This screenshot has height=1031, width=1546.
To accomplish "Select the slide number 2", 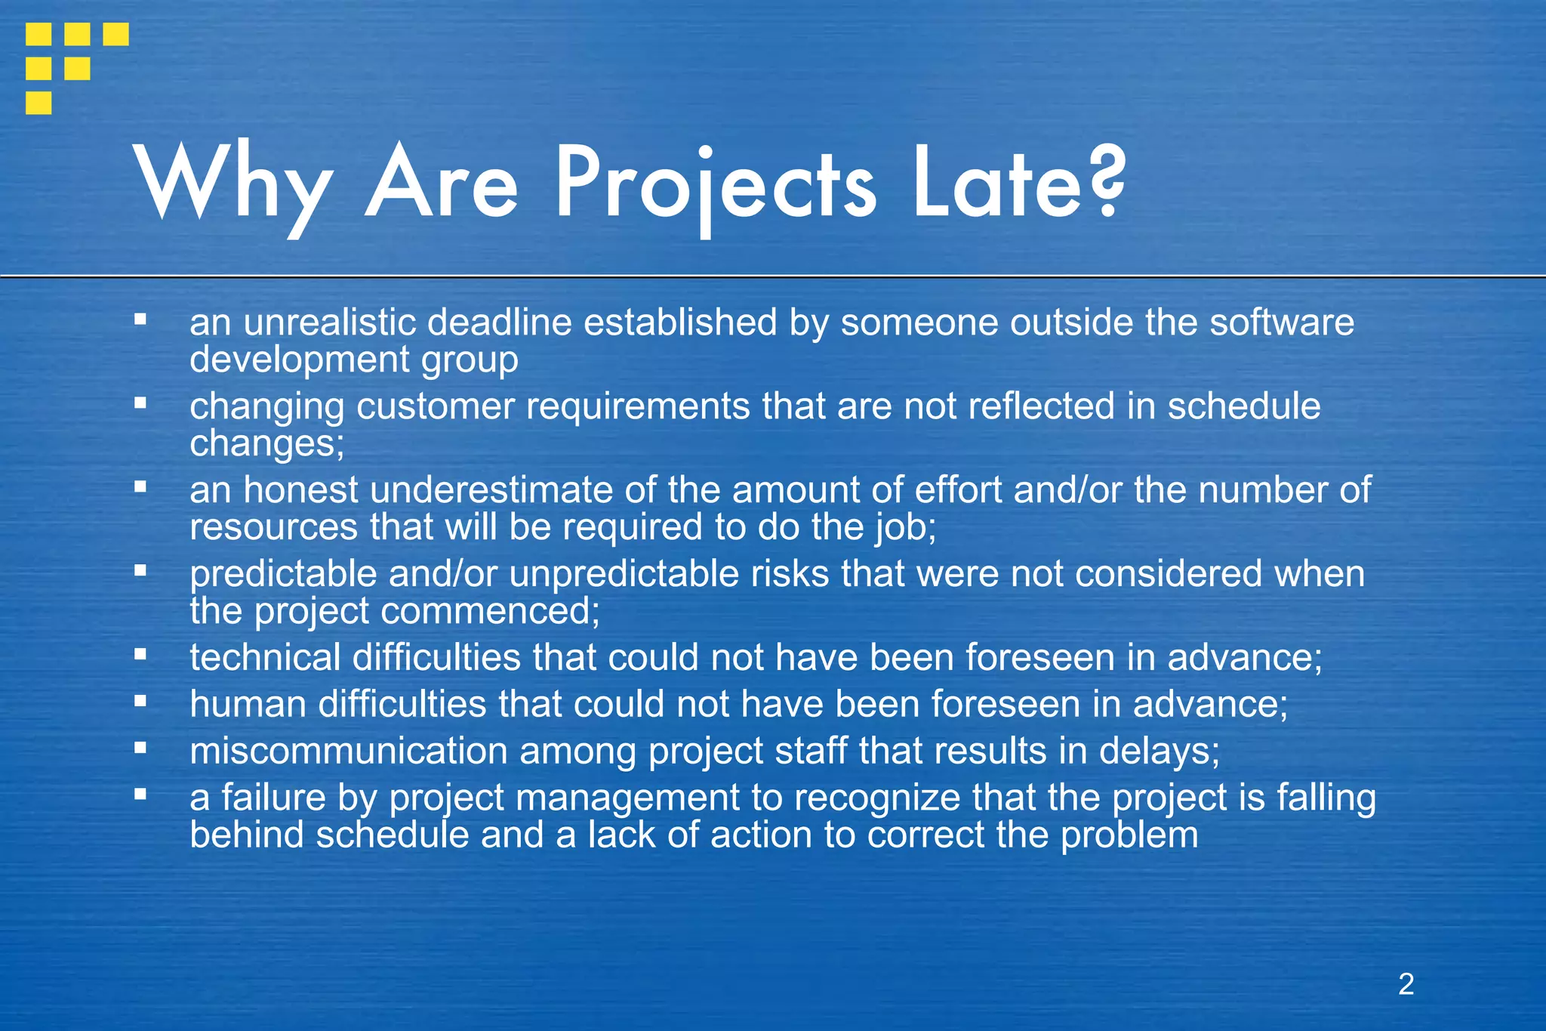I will (x=1406, y=984).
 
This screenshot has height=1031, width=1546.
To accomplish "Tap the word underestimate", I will (x=491, y=490).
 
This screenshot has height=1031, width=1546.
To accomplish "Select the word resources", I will (x=273, y=526).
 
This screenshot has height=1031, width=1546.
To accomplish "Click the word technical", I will (x=265, y=658).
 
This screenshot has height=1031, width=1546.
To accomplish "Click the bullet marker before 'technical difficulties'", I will (x=140, y=654).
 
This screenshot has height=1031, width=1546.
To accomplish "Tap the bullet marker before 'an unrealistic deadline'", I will (x=140, y=319).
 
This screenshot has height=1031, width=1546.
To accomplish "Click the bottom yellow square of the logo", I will (x=38, y=103).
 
